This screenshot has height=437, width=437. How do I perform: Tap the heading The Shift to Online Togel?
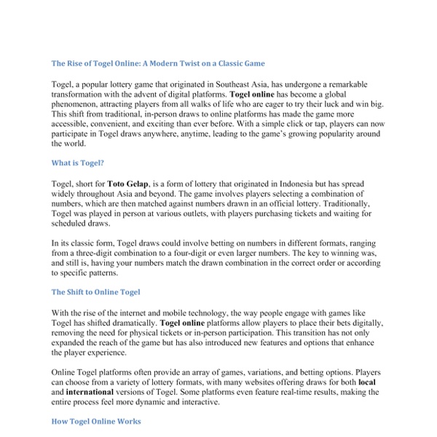click(95, 291)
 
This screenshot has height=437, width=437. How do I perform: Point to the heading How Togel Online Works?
click(96, 421)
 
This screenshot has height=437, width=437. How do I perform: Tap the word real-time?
click(310, 392)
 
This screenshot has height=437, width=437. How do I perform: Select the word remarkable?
click(363, 84)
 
